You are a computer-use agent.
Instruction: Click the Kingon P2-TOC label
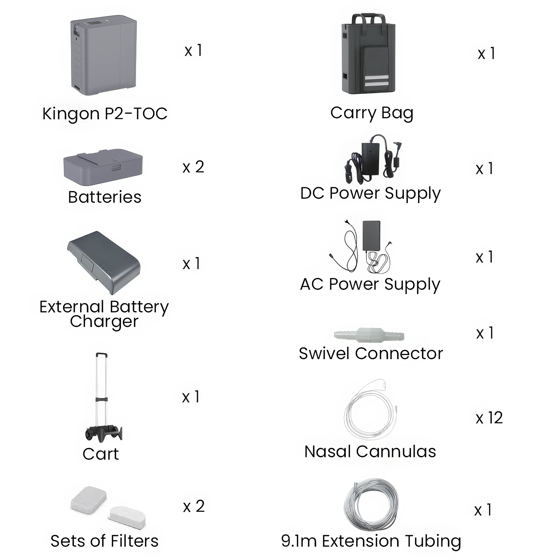tap(105, 114)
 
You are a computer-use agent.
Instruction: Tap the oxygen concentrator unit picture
tap(104, 55)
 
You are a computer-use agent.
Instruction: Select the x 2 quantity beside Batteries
tap(193, 167)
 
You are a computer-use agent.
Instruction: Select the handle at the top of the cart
tap(101, 354)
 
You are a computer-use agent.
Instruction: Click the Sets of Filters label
tap(104, 541)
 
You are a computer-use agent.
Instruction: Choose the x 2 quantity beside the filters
tap(194, 506)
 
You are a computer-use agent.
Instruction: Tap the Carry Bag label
tap(372, 113)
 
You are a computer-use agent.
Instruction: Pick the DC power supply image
tap(373, 158)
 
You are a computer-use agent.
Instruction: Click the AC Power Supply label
tap(370, 285)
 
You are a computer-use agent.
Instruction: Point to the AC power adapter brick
tap(372, 236)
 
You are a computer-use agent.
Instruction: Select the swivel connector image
tap(369, 335)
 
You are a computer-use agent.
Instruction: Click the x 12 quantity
tap(489, 418)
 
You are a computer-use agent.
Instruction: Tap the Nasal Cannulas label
tap(370, 451)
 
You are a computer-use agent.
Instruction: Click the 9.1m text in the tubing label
tap(299, 541)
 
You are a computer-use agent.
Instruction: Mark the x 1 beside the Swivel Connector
tap(485, 333)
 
